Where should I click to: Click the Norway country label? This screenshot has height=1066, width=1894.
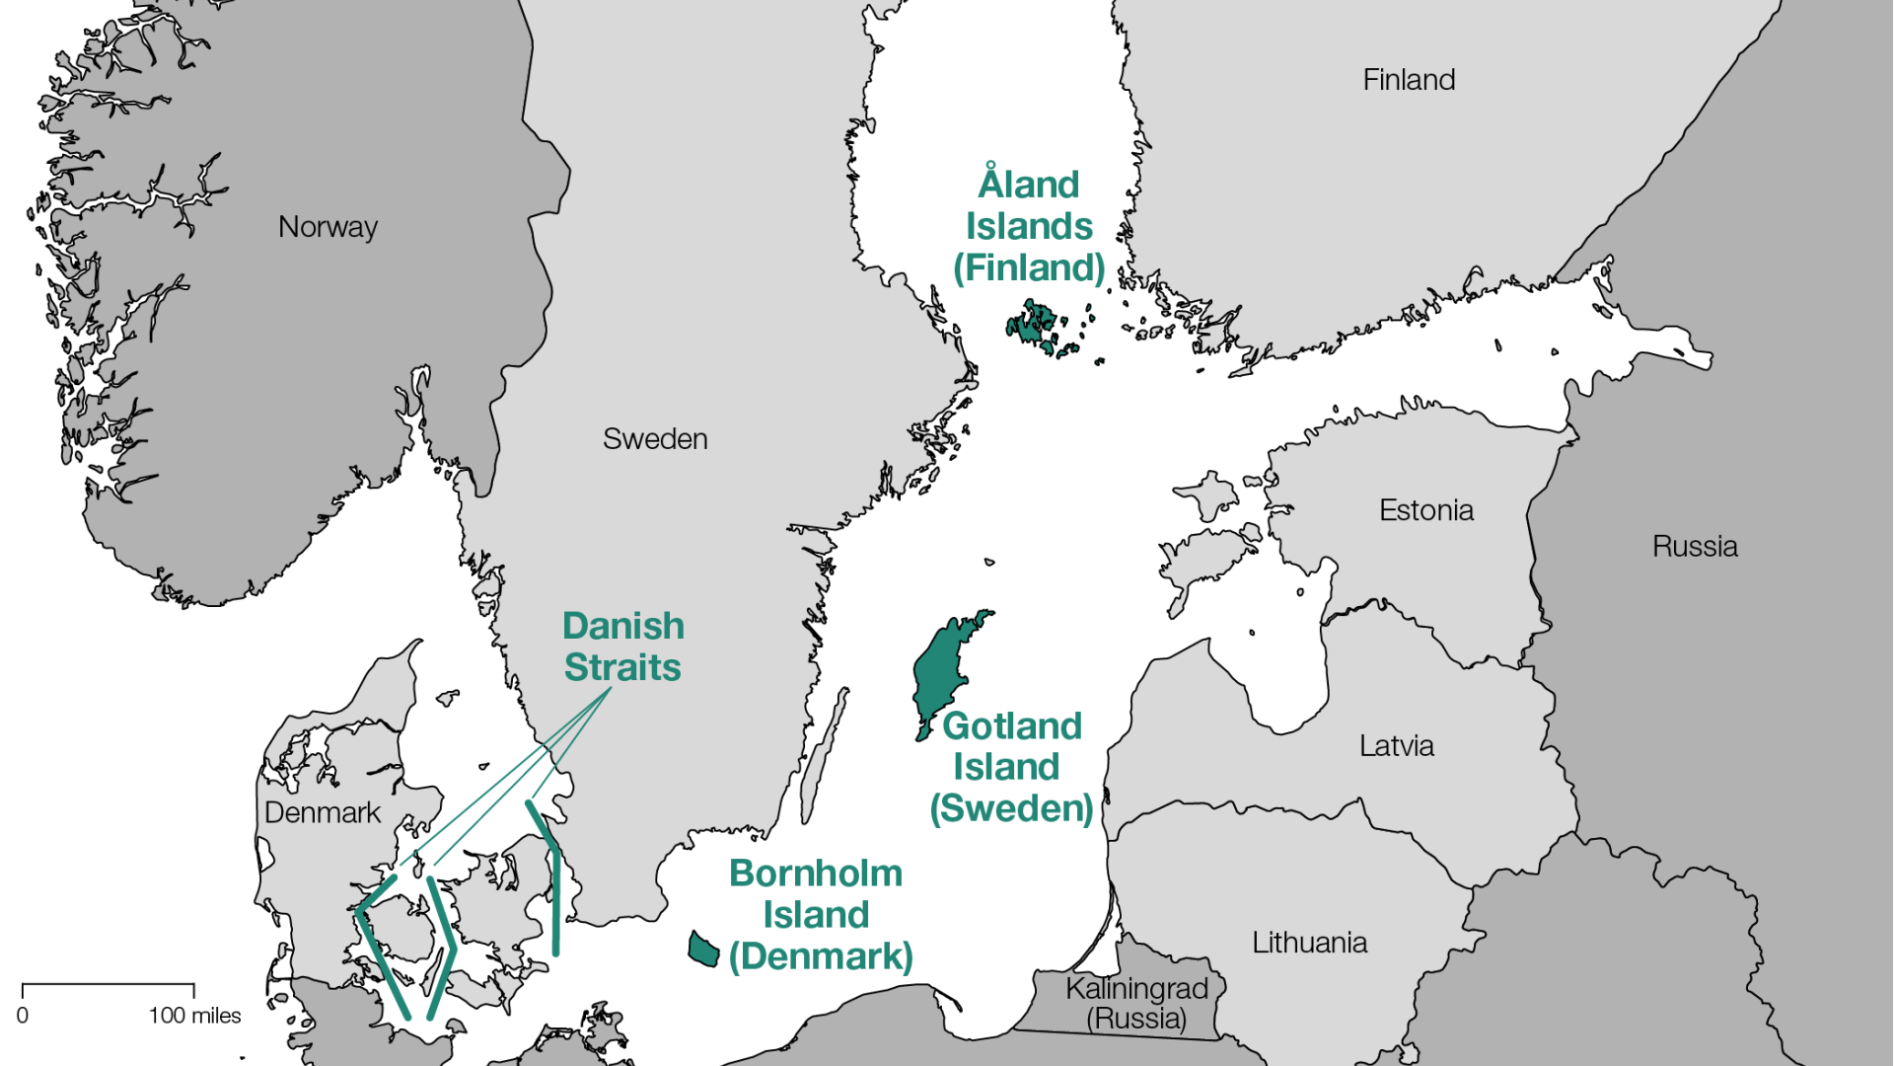(x=328, y=227)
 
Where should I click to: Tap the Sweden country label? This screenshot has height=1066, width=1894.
(x=655, y=439)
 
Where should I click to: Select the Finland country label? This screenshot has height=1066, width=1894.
(x=1409, y=80)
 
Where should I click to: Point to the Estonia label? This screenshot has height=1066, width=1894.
(x=1425, y=510)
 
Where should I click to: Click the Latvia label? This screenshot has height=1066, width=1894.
(x=1396, y=746)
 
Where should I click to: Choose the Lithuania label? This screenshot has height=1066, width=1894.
(x=1309, y=943)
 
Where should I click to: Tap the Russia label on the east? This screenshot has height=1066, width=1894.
(x=1694, y=547)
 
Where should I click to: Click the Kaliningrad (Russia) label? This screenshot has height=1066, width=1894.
(x=1136, y=1003)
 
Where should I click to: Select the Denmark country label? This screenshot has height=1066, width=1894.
(x=322, y=813)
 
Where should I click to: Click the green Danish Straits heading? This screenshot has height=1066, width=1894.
(x=622, y=647)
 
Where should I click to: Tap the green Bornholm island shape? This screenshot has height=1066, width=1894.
(x=703, y=950)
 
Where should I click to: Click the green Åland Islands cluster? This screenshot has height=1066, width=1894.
(x=1031, y=326)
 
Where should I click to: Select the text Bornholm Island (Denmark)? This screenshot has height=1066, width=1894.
(x=819, y=915)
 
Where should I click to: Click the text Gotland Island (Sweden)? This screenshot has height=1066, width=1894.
(x=1011, y=767)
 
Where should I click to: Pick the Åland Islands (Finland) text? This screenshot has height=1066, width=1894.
(x=1029, y=226)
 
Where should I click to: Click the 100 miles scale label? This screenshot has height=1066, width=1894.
(x=194, y=1016)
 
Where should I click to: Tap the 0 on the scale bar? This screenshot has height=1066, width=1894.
(x=23, y=1016)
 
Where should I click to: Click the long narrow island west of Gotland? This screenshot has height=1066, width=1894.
(x=824, y=755)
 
